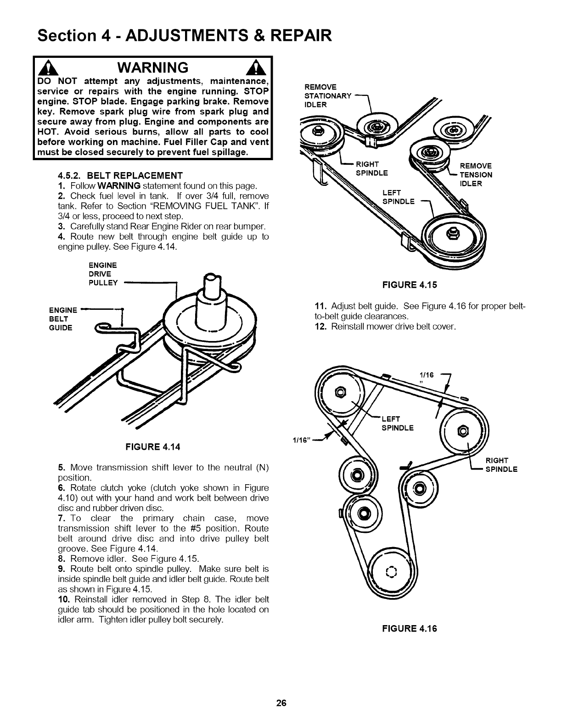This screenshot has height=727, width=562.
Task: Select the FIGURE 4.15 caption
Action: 410,285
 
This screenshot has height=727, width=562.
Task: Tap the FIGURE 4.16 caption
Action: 410,628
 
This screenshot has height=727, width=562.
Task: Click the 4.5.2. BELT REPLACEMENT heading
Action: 120,175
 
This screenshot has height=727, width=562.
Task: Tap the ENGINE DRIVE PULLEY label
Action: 103,274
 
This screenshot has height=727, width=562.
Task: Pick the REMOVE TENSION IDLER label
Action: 476,175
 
